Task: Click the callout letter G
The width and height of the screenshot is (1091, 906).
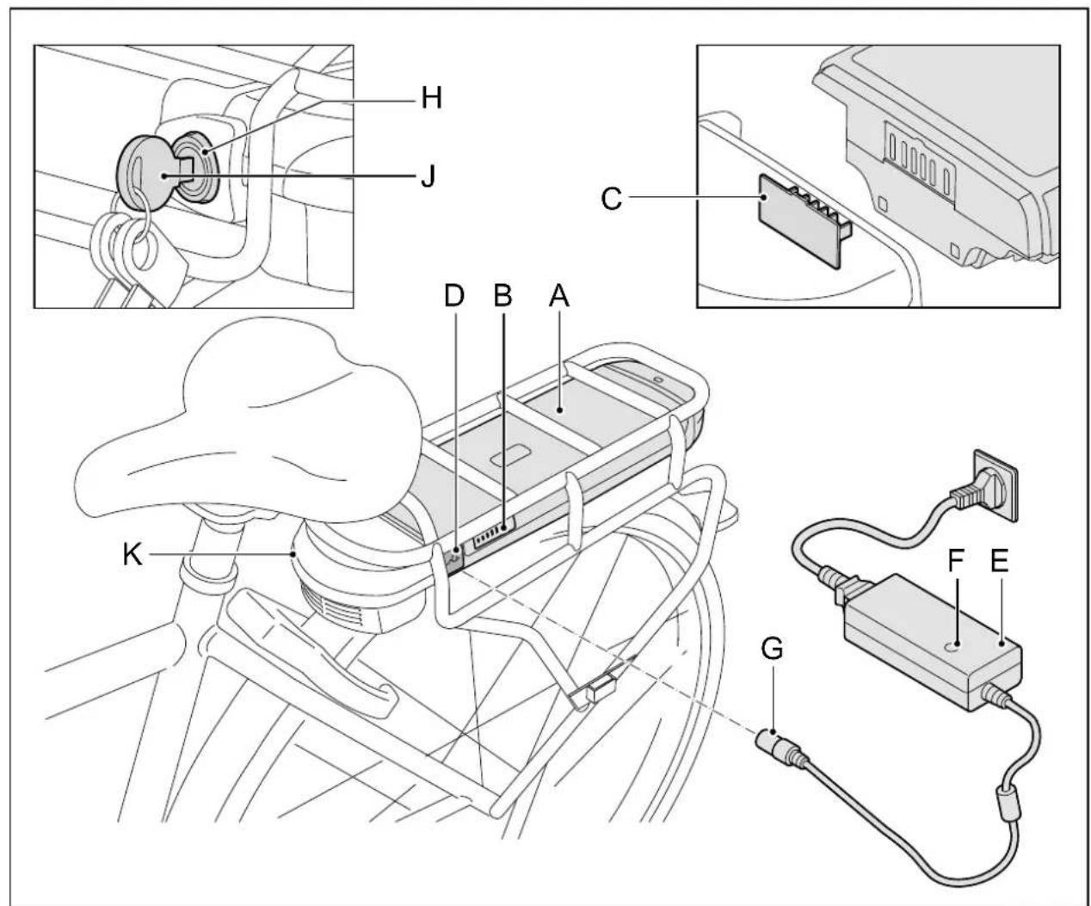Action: tap(773, 650)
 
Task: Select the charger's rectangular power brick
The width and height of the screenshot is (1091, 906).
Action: tap(934, 641)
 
